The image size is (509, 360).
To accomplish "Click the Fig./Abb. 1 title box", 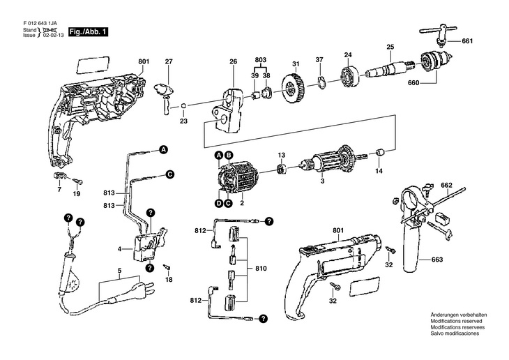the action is point(88,32).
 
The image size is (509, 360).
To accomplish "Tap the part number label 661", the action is point(467,41).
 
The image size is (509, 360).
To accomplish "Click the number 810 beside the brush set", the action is point(261,269).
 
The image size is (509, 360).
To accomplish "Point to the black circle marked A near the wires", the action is point(163,149).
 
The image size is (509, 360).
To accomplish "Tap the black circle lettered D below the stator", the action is point(219,204).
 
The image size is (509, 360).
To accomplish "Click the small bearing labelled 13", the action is point(281,169).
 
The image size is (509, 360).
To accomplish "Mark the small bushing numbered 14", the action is point(379,152).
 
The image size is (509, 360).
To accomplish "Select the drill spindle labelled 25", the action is point(390,68).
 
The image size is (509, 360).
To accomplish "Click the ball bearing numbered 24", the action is point(350,78).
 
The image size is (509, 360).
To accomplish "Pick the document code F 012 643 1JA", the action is point(40,24).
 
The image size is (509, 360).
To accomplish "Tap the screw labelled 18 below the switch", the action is point(167,267).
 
